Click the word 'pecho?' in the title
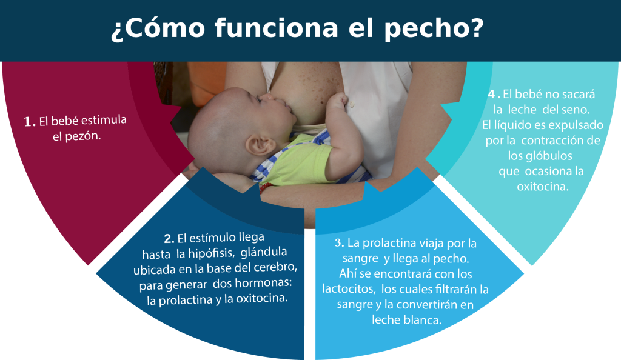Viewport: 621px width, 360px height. coord(434,29)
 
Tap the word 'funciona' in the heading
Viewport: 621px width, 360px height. coord(277,28)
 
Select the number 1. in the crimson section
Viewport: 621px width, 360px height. coord(30,122)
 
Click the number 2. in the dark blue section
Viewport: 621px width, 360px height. coord(169,239)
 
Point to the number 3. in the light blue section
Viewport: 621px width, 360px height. coord(339,242)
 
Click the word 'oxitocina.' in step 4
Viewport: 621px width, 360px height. coord(543,186)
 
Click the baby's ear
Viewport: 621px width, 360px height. coord(260,145)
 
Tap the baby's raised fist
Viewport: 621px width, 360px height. coord(337,101)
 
